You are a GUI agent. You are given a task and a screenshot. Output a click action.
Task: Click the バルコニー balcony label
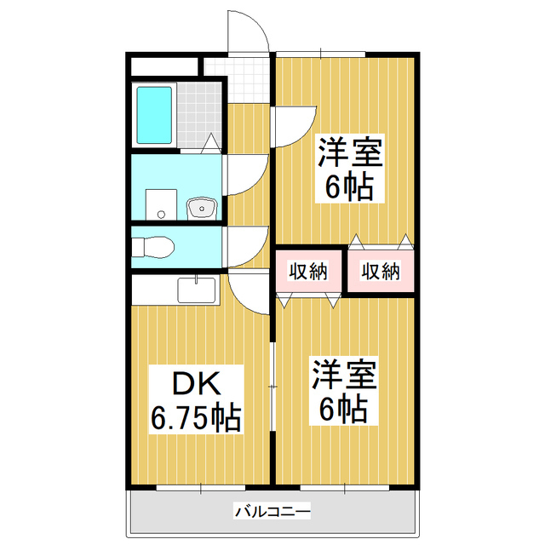tap(272, 513)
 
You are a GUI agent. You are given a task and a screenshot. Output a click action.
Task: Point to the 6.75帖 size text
tap(195, 418)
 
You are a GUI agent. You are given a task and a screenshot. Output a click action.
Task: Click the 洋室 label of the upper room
tap(350, 154)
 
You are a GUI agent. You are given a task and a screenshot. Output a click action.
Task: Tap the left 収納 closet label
tap(307, 272)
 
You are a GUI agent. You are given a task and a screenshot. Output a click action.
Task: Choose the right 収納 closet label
tap(380, 272)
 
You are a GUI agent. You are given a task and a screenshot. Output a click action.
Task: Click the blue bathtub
tap(155, 117)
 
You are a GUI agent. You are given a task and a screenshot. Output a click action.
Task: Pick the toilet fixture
tap(155, 247)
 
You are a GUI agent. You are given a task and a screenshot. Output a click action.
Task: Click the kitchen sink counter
tap(197, 290)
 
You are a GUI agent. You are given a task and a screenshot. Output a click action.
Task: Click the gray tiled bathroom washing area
tap(198, 116)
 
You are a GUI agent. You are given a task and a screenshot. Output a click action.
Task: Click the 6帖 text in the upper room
tap(350, 187)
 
